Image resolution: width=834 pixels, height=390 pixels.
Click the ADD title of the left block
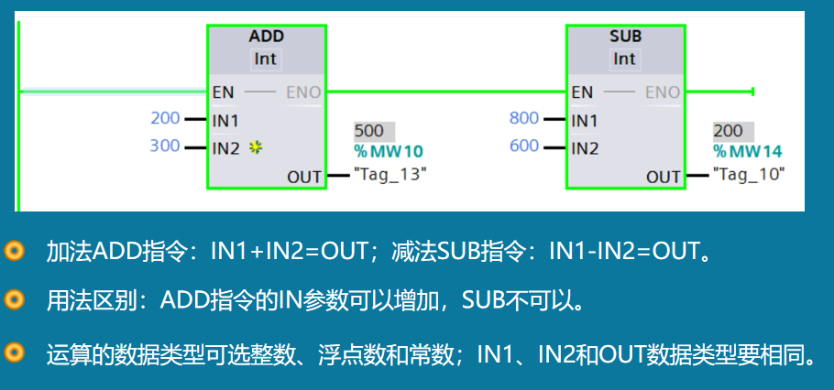267,37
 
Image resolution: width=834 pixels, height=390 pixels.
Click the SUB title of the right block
625,37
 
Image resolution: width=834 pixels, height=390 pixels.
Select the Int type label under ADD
266,59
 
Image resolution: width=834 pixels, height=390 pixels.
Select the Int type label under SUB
624,59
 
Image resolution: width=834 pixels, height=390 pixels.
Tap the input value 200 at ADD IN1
165,118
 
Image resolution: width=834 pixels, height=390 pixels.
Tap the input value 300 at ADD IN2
165,146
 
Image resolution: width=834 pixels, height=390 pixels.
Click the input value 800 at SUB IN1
524,118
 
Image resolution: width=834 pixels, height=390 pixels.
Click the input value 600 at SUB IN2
524,146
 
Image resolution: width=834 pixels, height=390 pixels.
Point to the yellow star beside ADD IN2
256,147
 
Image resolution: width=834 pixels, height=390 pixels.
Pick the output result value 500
369,131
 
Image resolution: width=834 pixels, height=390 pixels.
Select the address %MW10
389,151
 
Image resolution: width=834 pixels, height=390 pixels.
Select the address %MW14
748,151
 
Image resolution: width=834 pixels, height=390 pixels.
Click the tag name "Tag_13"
390,173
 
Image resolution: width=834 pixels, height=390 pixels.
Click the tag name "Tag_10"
749,173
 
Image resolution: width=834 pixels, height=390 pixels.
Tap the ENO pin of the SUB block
663,92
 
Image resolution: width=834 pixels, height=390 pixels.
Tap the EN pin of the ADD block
222,92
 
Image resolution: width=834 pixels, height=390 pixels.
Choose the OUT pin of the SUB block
664,177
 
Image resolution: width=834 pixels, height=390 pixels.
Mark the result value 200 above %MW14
729,131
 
